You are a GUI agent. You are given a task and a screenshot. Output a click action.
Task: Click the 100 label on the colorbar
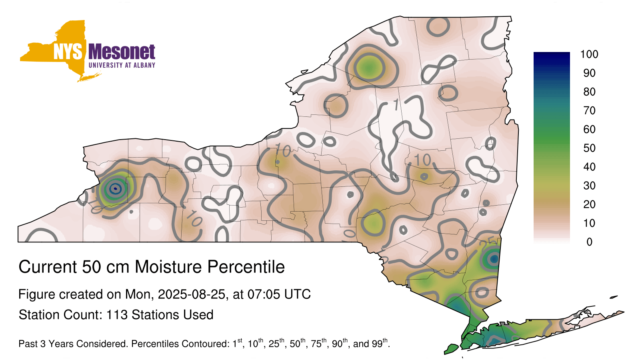pos(589,54)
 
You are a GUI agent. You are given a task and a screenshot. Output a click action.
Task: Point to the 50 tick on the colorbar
pos(589,148)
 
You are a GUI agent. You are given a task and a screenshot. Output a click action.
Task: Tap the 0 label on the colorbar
pos(589,242)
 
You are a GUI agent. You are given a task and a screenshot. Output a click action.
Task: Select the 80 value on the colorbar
pos(589,92)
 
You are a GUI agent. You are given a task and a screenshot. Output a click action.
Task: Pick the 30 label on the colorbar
pos(589,186)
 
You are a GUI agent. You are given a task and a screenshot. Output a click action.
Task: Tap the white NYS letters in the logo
pos(68,52)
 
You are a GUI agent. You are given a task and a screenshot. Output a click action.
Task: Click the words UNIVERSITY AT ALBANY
pos(122,65)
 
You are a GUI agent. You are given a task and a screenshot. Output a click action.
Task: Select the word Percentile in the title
pos(246,267)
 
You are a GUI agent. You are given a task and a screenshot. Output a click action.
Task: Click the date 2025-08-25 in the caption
pos(192,294)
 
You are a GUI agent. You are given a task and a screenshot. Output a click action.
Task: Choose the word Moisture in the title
pos(169,267)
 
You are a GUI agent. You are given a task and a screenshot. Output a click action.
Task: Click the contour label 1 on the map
pos(396,105)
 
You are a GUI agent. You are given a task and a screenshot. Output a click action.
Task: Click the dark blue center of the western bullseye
pos(115,188)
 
